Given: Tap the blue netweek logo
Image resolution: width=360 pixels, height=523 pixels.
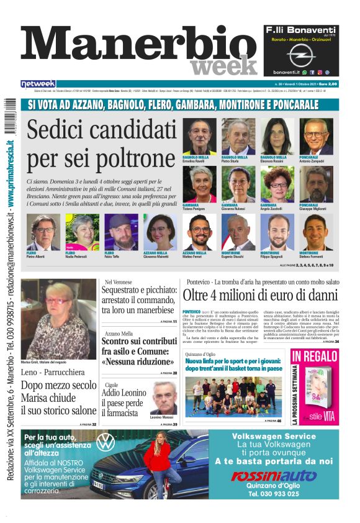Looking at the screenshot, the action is tap(38, 84).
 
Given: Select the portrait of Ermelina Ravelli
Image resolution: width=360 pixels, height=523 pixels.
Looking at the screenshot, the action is tap(199, 136).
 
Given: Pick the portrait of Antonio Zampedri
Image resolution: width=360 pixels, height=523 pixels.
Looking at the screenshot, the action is tap(316, 136).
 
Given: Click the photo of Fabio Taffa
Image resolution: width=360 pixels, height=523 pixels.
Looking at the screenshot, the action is tap(121, 232).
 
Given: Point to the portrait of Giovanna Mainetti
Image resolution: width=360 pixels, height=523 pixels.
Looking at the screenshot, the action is tap(160, 232).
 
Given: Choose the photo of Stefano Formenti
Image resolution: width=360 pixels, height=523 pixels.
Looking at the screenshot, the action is tap(316, 232).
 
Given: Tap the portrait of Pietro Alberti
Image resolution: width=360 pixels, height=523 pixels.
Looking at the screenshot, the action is tap(43, 232).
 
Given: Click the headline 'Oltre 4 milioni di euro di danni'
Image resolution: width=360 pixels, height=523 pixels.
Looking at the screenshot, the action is tap(268, 294).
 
